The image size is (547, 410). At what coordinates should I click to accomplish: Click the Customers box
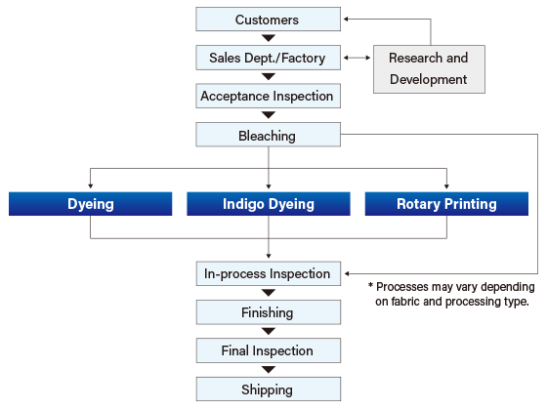(x=268, y=20)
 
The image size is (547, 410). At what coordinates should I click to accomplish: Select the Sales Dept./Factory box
(x=268, y=58)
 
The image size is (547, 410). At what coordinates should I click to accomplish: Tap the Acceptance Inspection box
(x=268, y=96)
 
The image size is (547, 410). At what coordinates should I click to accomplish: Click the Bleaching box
(x=268, y=135)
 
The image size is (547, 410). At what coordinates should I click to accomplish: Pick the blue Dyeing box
(x=90, y=204)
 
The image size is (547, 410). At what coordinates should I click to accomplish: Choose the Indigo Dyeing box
(x=269, y=204)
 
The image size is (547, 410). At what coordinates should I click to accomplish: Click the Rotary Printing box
(x=446, y=204)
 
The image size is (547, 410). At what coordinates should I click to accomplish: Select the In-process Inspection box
(x=269, y=273)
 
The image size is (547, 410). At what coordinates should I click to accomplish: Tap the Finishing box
(x=269, y=312)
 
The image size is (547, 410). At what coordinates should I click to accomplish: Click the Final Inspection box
(x=269, y=350)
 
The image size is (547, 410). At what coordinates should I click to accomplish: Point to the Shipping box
(x=269, y=389)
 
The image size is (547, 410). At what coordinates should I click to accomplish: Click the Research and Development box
(x=429, y=69)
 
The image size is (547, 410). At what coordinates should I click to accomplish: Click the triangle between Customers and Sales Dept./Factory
(x=269, y=38)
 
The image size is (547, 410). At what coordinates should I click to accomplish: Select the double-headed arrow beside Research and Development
(x=357, y=58)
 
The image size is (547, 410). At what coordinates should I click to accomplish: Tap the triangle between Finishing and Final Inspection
(x=269, y=331)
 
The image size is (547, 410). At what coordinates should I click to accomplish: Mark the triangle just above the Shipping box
(x=269, y=370)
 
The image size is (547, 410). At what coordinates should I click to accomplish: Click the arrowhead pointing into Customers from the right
(x=346, y=20)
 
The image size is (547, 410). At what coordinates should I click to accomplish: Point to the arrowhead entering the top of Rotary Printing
(x=446, y=186)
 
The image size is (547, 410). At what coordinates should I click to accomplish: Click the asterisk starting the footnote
(x=370, y=285)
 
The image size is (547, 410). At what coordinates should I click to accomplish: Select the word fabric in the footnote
(x=405, y=302)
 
